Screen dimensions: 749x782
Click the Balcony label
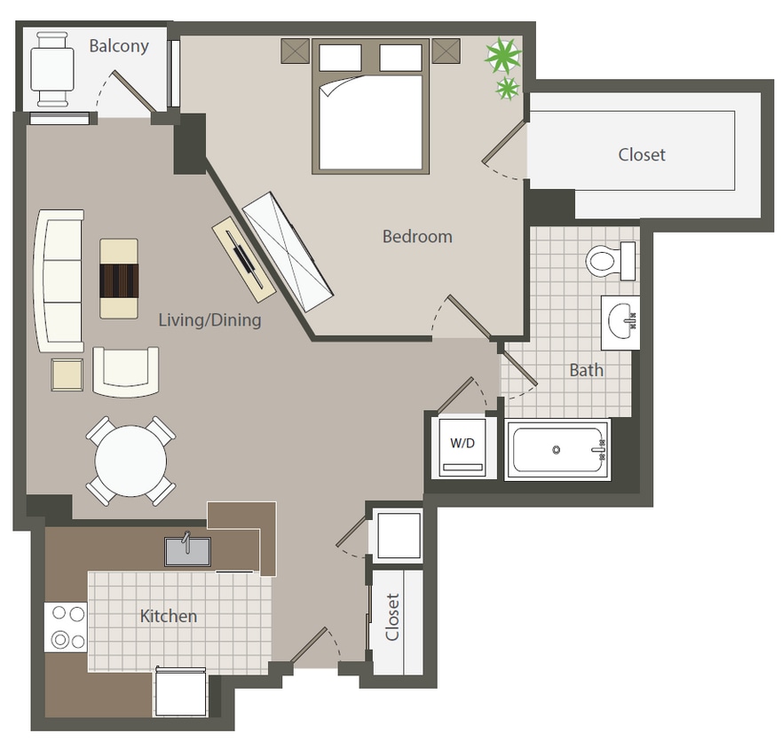click(118, 45)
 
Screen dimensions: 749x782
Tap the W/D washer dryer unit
click(462, 448)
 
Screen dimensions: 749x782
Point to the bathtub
click(557, 450)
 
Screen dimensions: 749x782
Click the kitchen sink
click(187, 551)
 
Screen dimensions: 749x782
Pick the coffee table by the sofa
click(119, 279)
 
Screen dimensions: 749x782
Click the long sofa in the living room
click(59, 280)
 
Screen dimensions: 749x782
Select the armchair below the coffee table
click(126, 371)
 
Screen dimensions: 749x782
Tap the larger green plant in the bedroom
click(502, 57)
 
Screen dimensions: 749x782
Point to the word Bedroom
click(417, 237)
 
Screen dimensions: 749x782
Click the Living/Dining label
click(209, 319)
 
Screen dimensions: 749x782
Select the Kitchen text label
click(169, 616)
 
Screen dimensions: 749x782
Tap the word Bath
click(586, 370)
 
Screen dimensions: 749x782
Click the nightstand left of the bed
click(295, 51)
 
